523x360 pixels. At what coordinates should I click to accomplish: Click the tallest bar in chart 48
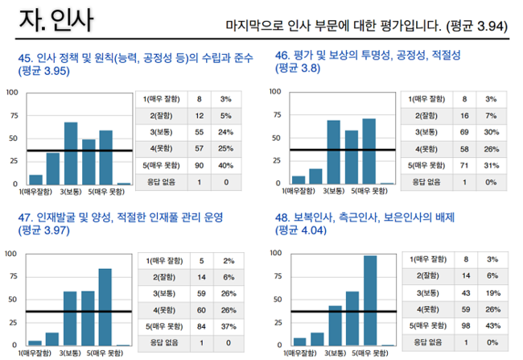[x=370, y=300]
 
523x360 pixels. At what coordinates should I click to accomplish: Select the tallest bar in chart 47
[x=105, y=306]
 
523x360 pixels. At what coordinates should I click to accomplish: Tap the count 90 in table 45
[x=199, y=165]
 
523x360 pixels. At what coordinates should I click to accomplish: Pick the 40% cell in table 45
[x=227, y=165]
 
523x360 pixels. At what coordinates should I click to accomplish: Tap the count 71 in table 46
[x=464, y=166]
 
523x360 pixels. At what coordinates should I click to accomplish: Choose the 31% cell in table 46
[x=492, y=166]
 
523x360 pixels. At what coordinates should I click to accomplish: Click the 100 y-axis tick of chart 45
[x=11, y=92]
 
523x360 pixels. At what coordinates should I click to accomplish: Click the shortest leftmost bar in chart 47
[x=35, y=342]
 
